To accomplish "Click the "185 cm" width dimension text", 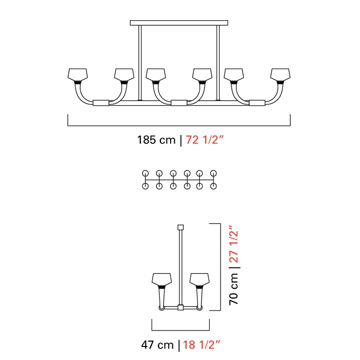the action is [x=156, y=140].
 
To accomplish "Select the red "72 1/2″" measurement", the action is [x=204, y=140].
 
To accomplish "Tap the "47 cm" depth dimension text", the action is [x=157, y=345].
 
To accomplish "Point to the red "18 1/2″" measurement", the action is [x=201, y=345].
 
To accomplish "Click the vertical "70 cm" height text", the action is [x=234, y=289].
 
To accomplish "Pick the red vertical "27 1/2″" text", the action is [x=234, y=244].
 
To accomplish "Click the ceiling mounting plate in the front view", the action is [x=179, y=23].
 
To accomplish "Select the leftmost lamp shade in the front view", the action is [x=77, y=75].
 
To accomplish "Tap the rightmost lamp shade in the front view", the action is [x=280, y=75].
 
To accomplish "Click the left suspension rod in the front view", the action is [x=140, y=63].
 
